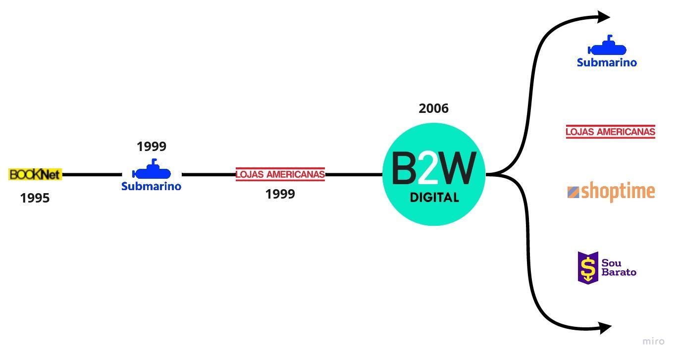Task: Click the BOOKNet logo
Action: [35, 174]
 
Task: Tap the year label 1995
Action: [35, 198]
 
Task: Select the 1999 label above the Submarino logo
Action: [151, 147]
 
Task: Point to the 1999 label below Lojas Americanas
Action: [280, 194]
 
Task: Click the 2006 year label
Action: [433, 108]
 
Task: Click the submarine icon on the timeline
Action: [152, 170]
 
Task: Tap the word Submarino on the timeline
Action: [151, 187]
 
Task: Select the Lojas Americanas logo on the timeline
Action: [280, 174]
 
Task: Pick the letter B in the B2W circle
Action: [404, 168]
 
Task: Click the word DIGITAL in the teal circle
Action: [434, 198]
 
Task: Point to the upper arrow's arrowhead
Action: [604, 17]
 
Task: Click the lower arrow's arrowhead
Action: [605, 327]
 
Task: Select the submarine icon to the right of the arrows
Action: [607, 47]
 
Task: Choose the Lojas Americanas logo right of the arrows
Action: [610, 132]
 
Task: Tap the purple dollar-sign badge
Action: [588, 268]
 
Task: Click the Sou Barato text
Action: [619, 267]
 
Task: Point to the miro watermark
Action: [653, 341]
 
